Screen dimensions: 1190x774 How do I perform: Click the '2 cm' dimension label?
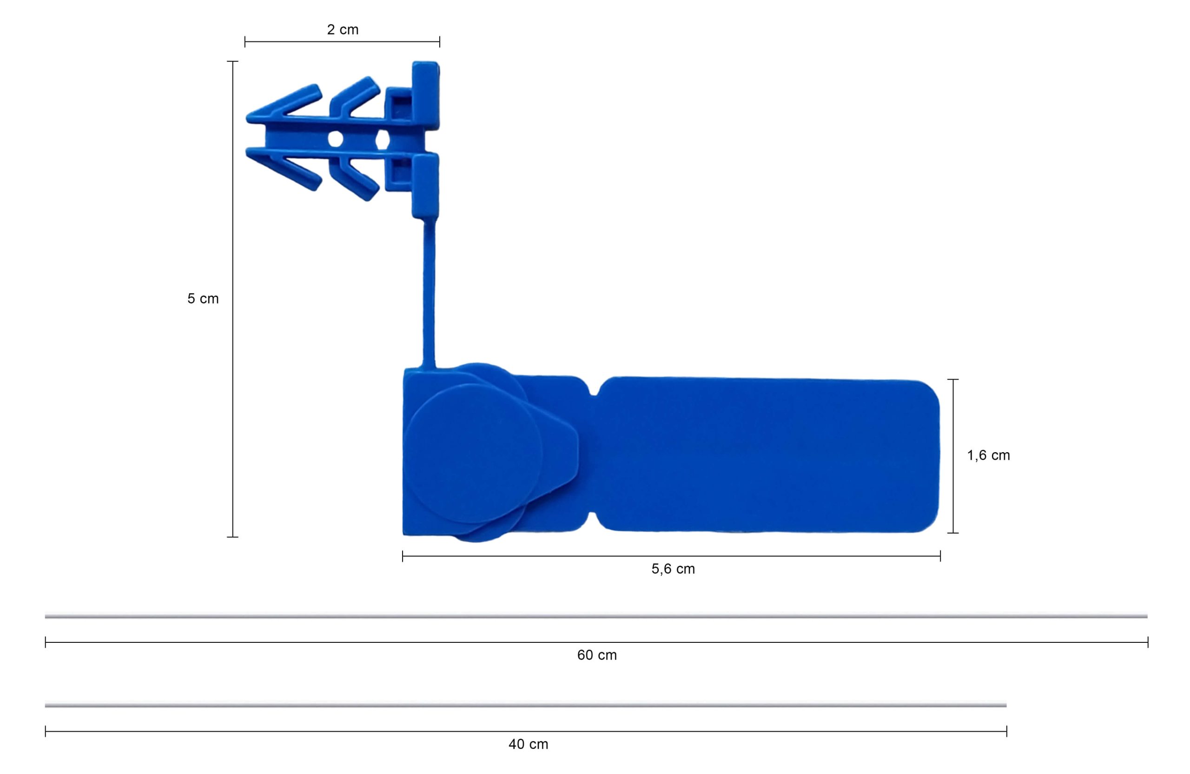tap(343, 29)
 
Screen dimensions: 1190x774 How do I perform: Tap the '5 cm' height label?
tap(203, 299)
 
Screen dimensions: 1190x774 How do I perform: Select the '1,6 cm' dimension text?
tap(989, 455)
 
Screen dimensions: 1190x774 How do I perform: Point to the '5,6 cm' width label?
tap(673, 569)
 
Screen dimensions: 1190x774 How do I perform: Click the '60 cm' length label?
tap(597, 655)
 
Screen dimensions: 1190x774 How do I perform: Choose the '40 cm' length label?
tap(529, 744)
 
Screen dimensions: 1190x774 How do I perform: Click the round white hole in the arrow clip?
tap(335, 139)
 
